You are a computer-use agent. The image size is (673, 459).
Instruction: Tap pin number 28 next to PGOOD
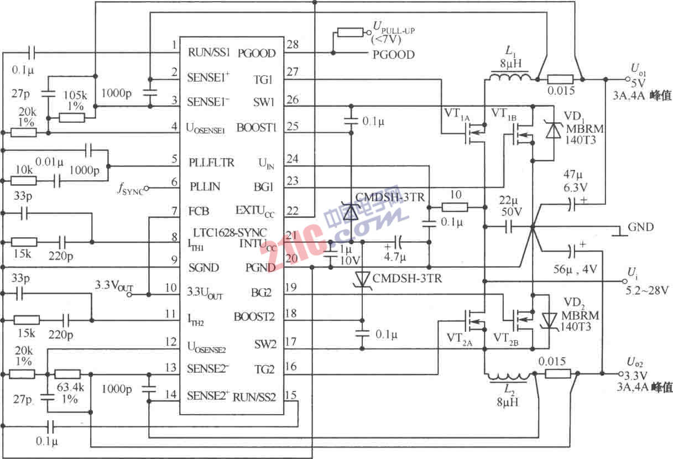click(x=293, y=44)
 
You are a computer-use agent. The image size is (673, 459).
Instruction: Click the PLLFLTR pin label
click(x=211, y=163)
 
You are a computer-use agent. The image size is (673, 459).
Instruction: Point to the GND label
click(x=640, y=227)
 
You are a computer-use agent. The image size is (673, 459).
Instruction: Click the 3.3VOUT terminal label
click(x=113, y=286)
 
